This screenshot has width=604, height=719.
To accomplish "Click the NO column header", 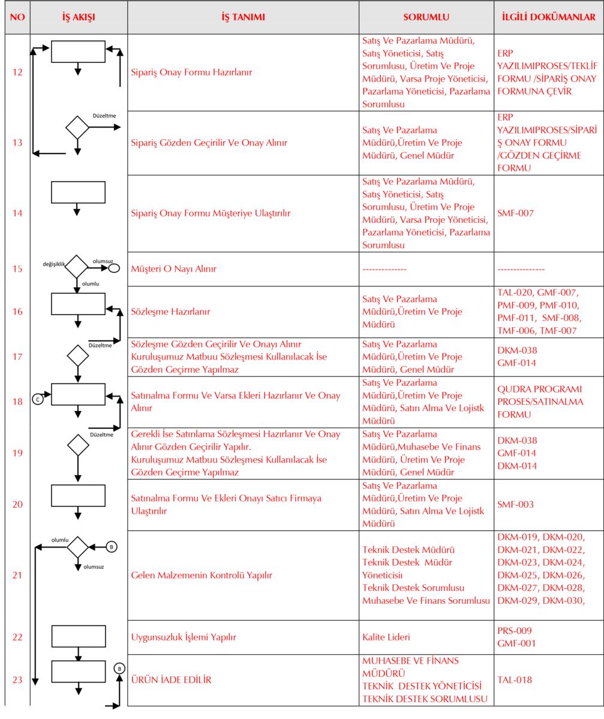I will tap(17, 17).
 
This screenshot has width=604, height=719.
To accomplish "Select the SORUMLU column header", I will tap(426, 17).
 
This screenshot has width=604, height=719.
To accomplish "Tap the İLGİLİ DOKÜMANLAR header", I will tap(548, 17).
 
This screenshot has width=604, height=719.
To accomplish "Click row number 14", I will tap(17, 213).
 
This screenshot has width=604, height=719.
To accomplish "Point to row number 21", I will tap(17, 576).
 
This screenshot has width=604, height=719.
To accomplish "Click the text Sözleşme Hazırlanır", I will tap(170, 312).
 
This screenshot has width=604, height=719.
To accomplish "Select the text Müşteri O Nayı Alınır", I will tap(174, 269).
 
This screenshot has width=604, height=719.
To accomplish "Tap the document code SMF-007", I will tap(515, 213).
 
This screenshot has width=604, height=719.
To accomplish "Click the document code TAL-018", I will tap(515, 680).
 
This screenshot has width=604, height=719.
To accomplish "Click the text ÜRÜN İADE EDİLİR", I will tap(171, 680).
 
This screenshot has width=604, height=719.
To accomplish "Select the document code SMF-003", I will tap(515, 504).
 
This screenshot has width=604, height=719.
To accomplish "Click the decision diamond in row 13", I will tap(77, 127).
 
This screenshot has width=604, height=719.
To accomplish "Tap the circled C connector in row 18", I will tap(38, 398).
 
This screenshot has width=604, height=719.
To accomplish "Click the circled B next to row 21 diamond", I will tap(111, 546).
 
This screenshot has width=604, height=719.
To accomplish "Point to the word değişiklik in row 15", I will tap(54, 264).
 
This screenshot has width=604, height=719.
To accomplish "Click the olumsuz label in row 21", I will tap(95, 567).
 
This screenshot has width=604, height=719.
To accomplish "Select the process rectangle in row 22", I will tap(78, 636).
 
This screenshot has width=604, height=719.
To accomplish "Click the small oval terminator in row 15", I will tap(113, 268).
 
